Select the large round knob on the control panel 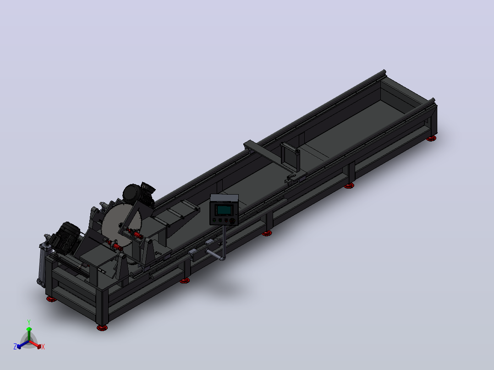coord(232,221)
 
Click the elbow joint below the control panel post coord(222,258)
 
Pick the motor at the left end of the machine coord(66,237)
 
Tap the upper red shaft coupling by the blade coord(136,234)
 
